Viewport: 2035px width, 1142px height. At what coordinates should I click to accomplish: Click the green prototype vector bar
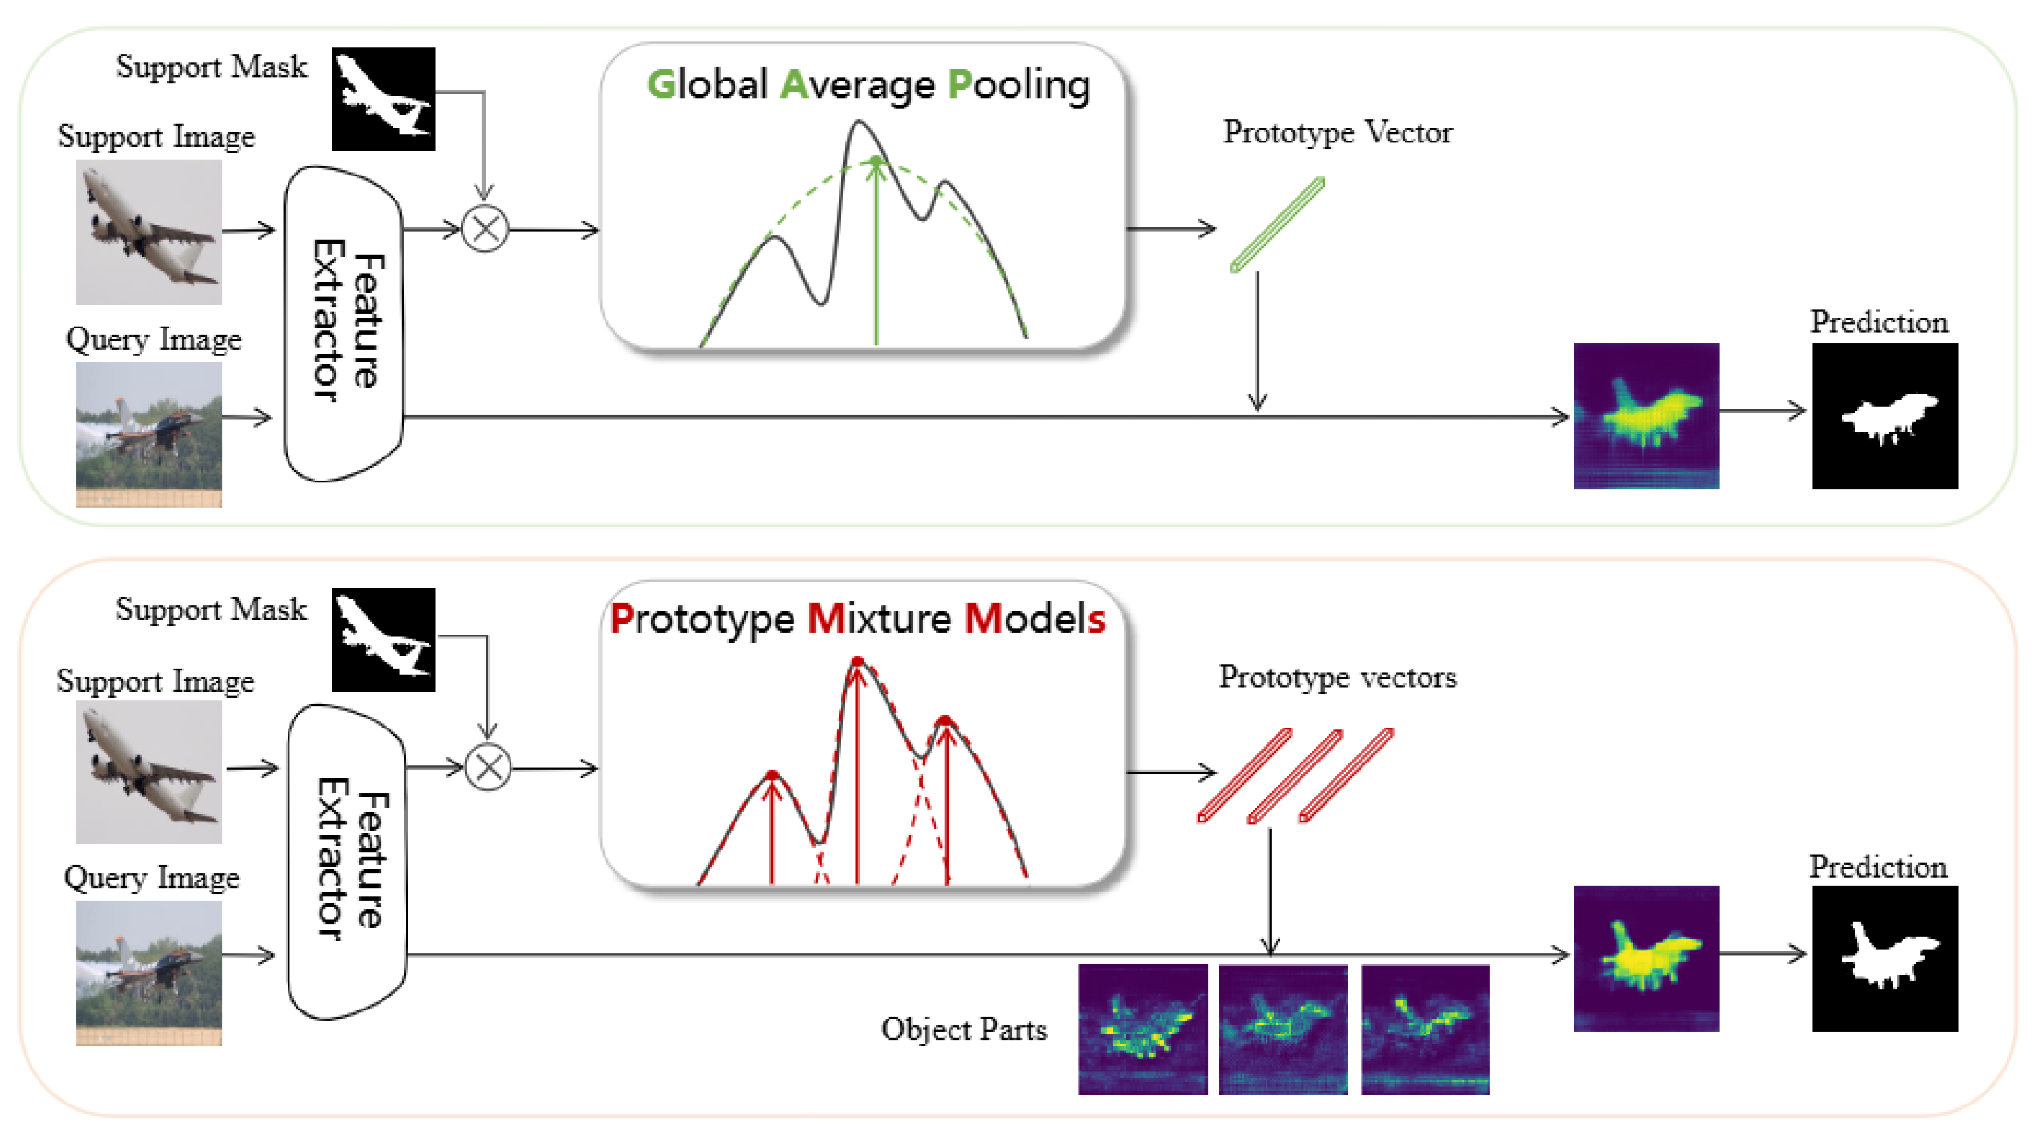coord(1276,225)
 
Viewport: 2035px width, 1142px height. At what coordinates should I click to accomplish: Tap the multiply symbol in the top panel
coord(485,229)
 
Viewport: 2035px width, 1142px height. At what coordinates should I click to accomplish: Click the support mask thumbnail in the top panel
coord(383,99)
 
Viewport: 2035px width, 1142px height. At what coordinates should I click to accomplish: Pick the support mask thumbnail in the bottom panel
coord(383,640)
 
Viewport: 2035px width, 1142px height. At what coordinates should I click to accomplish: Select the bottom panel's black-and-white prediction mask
coord(1885,958)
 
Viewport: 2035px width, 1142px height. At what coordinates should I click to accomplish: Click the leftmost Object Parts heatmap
coord(1142,1028)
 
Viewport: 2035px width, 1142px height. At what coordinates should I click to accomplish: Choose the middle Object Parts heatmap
coord(1283,1028)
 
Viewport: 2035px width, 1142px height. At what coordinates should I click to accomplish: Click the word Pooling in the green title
coord(1019,85)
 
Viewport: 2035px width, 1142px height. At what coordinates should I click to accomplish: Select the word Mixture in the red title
coord(879,618)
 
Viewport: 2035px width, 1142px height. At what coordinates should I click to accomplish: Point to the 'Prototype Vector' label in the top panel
coord(1337,133)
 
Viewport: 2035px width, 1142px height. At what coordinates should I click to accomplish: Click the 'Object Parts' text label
coord(964,1029)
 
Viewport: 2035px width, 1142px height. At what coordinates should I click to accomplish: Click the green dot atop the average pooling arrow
coord(875,161)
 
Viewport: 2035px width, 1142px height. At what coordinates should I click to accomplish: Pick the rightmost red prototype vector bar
coord(1346,775)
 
